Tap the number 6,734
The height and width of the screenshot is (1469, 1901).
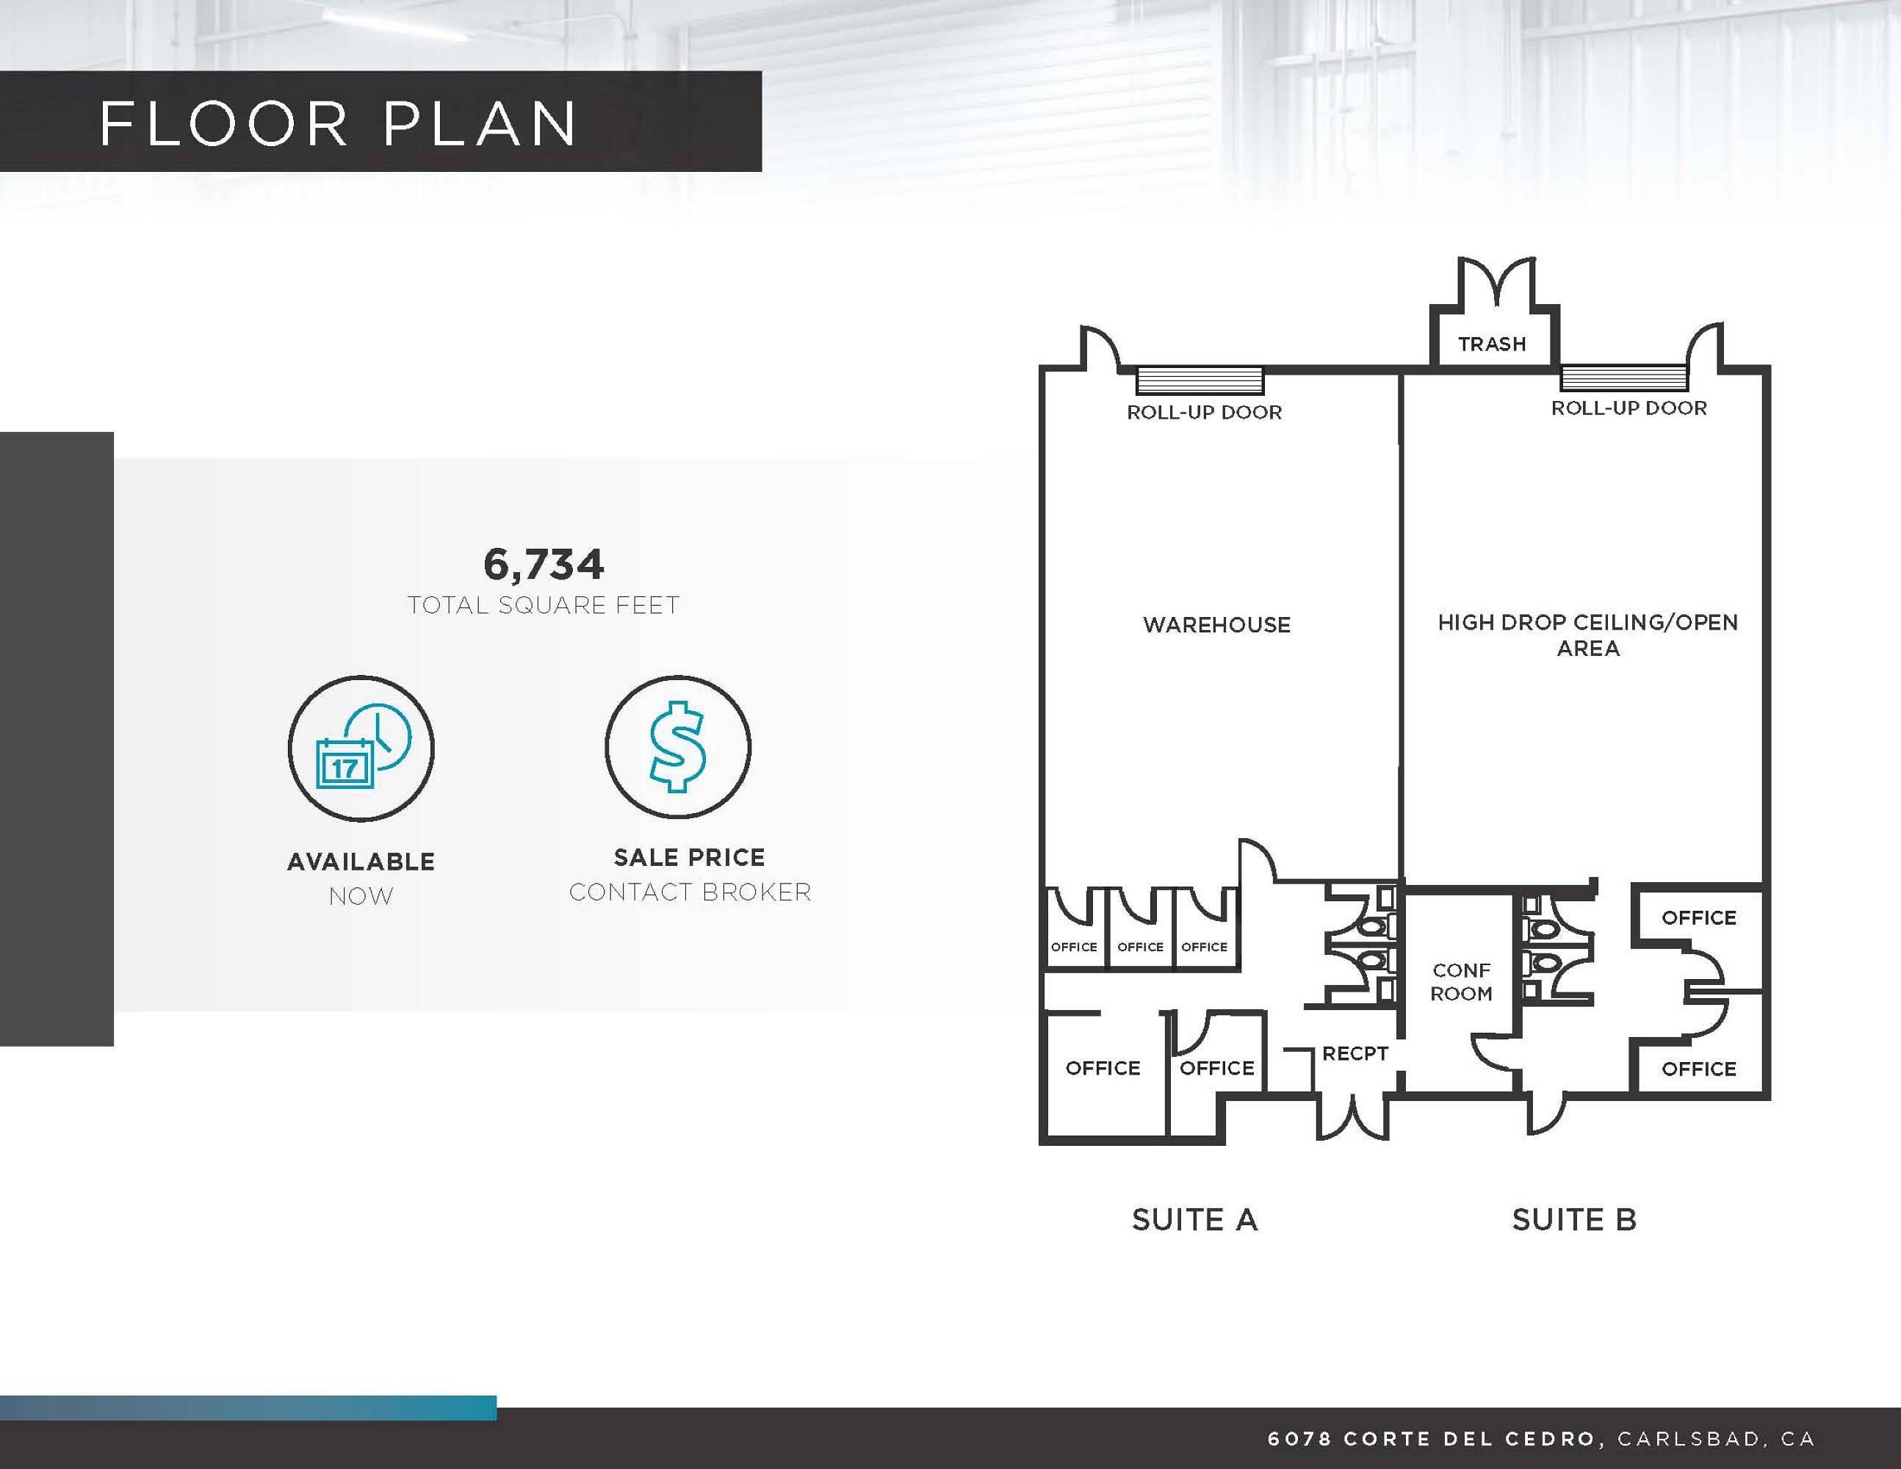[543, 565]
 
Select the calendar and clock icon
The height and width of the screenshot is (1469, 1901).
[361, 748]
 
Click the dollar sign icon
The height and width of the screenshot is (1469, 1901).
[678, 747]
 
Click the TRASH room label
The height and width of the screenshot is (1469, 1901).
[1492, 344]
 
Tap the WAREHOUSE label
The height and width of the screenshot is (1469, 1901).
[1217, 624]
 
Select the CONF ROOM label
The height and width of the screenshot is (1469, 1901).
[1462, 981]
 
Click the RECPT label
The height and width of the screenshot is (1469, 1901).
[1354, 1053]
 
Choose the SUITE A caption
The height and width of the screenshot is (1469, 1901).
[1195, 1219]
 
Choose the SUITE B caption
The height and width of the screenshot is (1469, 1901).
[1573, 1219]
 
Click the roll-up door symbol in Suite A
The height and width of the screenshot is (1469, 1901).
[1200, 381]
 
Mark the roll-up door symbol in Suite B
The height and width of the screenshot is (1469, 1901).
[1624, 378]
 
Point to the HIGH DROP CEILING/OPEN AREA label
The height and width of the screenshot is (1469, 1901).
[1587, 635]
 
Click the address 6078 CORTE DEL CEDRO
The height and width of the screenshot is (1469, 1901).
[1432, 1439]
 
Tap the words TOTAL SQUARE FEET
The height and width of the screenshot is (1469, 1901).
[543, 604]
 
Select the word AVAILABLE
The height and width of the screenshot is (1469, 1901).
[361, 862]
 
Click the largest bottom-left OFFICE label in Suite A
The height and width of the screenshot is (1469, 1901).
[1103, 1068]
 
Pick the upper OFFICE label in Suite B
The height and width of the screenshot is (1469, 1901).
[1698, 917]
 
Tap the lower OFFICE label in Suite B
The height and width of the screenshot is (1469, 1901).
[1698, 1069]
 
